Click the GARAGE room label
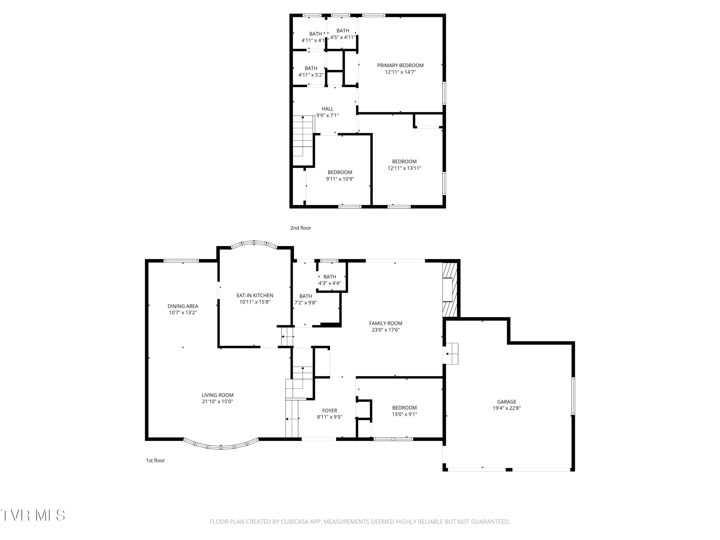pos(506,402)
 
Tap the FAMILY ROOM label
pos(385,323)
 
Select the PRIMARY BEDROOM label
pos(400,66)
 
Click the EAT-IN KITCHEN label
pos(255,295)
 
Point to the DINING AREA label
pos(183,306)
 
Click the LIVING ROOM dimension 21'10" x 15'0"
pos(217,401)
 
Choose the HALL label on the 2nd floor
pos(327,109)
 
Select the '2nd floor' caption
pos(300,228)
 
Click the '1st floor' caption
pos(155,460)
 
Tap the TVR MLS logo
pos(33,515)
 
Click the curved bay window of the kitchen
pos(254,243)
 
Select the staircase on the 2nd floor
pos(303,140)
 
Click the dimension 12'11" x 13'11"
pos(404,168)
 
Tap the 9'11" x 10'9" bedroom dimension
pos(340,179)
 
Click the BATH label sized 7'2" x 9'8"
pos(305,296)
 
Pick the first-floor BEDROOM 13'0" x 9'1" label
pos(404,408)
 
